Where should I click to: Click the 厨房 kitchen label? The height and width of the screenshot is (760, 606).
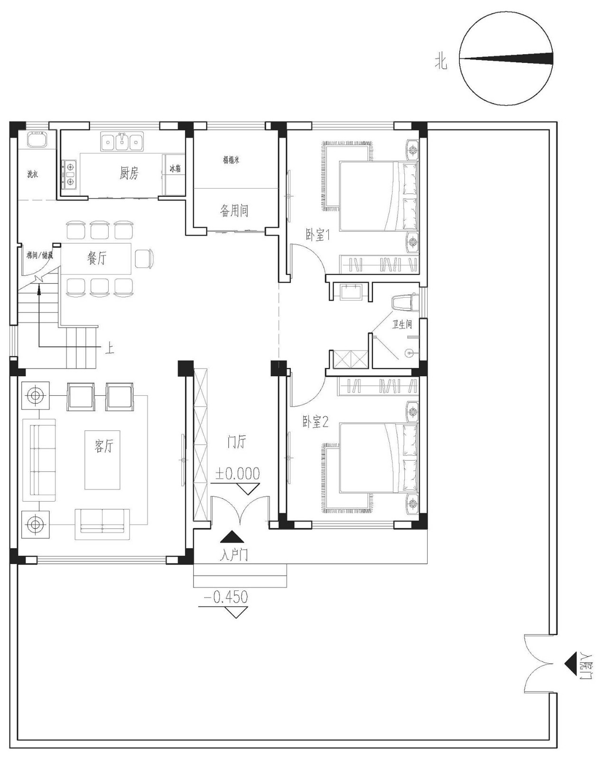(x=129, y=173)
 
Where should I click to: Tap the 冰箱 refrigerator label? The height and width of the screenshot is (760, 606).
(x=175, y=169)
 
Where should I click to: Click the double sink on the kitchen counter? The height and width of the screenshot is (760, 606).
(x=121, y=142)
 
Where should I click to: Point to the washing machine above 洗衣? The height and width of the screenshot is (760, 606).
(x=37, y=140)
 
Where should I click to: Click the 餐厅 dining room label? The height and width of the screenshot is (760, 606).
(x=97, y=258)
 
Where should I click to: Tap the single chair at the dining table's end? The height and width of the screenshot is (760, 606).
(x=144, y=258)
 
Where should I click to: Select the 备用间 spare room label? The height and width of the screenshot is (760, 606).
(x=234, y=210)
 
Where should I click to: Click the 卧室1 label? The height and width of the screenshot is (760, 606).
(x=317, y=235)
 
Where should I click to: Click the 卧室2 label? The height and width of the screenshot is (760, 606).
(x=316, y=422)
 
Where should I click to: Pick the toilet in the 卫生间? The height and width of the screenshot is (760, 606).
(x=404, y=303)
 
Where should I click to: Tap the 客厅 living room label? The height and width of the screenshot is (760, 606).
(x=104, y=446)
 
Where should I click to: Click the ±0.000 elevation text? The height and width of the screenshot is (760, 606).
(x=237, y=474)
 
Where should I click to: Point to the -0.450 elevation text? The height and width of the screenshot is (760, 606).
(x=226, y=597)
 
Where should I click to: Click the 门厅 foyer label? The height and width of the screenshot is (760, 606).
(x=236, y=442)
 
